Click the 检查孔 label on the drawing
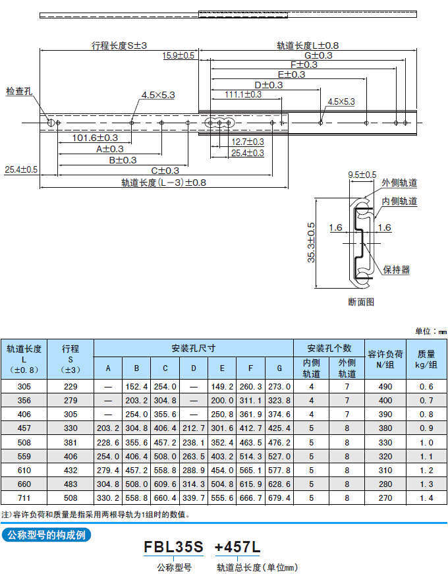18,90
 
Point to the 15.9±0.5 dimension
179,56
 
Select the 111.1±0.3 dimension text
242,94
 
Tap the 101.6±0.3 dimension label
95,138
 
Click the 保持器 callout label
397,270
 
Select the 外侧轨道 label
399,183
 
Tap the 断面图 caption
361,302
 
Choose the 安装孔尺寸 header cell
193,348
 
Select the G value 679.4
279,498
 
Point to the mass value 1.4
426,498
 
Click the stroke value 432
70,470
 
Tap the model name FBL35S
174,546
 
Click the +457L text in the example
238,546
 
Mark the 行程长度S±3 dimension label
119,46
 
